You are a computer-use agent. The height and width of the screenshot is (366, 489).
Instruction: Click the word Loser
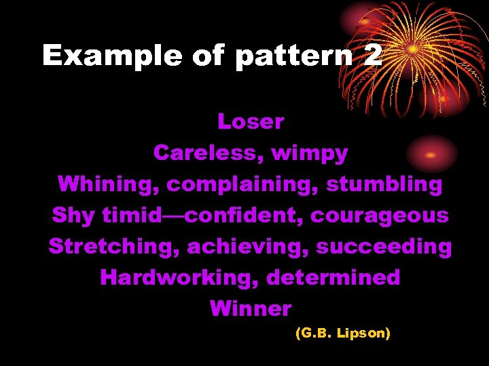coord(250,122)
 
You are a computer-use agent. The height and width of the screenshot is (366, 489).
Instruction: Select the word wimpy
coord(310,154)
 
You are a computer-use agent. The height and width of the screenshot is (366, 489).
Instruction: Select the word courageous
coord(380,216)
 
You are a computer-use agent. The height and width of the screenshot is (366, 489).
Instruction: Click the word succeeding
coord(384,247)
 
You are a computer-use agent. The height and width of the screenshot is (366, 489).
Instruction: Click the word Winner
coord(251,309)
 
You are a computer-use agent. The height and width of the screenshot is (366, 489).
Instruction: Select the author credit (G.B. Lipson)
coord(342,334)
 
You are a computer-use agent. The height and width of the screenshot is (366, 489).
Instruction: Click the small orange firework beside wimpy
coord(431,154)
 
